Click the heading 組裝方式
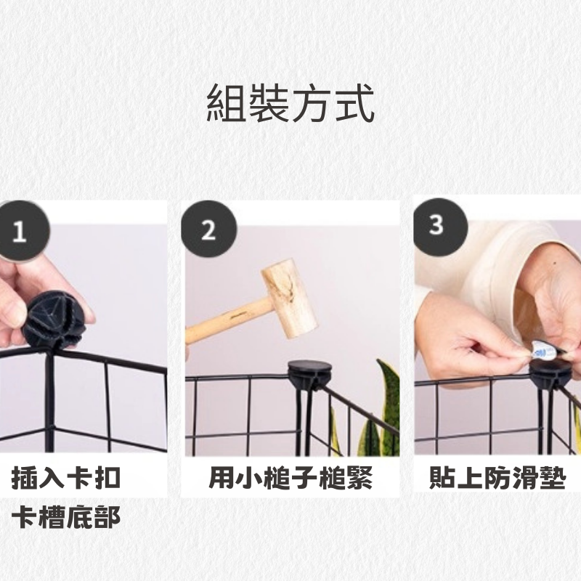click(290, 103)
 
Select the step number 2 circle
click(208, 231)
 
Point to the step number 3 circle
click(437, 225)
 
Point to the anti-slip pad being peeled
click(543, 350)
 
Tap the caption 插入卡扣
click(66, 479)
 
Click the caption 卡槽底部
click(66, 517)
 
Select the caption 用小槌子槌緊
click(290, 479)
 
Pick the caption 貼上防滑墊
click(497, 479)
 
